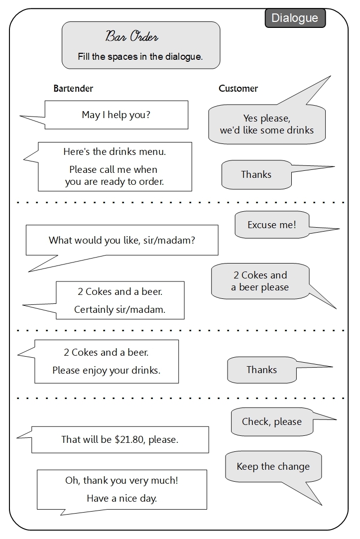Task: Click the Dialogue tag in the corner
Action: (x=295, y=18)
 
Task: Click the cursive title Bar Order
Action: (x=132, y=36)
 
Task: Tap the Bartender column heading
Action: (x=73, y=89)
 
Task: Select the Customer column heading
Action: (x=238, y=89)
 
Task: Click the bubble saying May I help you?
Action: (x=116, y=115)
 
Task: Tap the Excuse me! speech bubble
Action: (x=271, y=225)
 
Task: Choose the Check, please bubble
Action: (x=271, y=422)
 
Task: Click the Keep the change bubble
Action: (x=273, y=467)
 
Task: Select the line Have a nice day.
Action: (x=121, y=498)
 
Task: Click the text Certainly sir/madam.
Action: (x=120, y=309)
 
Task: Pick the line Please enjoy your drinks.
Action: (x=106, y=371)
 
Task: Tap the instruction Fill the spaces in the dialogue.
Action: (x=140, y=57)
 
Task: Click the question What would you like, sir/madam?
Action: (x=121, y=240)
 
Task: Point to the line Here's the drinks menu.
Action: (x=115, y=151)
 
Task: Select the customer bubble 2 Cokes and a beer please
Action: (x=260, y=281)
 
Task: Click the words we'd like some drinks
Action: (x=266, y=131)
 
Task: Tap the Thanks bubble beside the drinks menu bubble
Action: (x=256, y=175)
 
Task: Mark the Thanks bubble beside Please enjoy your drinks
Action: (x=261, y=370)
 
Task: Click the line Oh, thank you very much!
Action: (x=121, y=481)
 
